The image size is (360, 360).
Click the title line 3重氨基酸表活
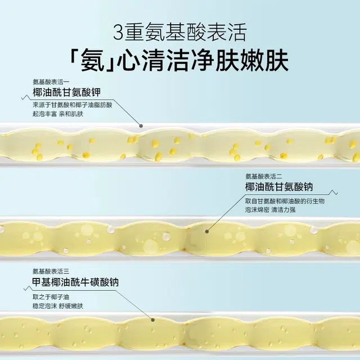[179, 30]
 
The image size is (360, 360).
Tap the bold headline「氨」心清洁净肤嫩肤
[179, 60]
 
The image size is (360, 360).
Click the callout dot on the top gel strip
[141, 126]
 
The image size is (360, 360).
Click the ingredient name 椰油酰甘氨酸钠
[278, 187]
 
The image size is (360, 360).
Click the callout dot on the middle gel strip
[207, 231]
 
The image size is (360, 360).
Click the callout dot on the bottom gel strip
[153, 320]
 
